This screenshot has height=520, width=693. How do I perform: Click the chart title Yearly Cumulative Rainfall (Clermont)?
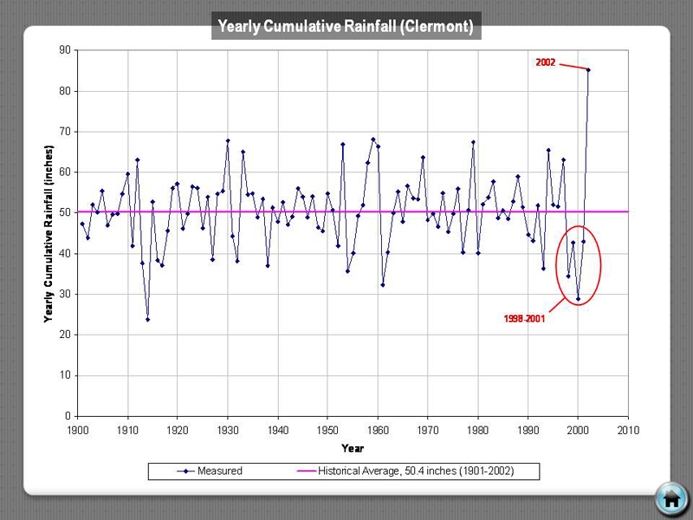tap(346, 27)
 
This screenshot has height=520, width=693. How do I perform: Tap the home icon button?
tap(670, 497)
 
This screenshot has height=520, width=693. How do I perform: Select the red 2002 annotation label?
tap(545, 62)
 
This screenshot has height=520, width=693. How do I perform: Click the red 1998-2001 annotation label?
tap(524, 319)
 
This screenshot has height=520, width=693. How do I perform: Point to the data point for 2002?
tap(588, 69)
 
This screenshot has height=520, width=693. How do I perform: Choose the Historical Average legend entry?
tap(415, 471)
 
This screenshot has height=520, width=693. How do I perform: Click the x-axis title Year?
tap(353, 448)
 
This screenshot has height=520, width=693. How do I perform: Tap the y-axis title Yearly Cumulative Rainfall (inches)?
tap(49, 232)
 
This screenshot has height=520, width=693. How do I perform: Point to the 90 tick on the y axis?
tap(63, 50)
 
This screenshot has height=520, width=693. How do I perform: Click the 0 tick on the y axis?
tap(67, 416)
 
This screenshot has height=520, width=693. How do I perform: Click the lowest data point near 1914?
tap(147, 319)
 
